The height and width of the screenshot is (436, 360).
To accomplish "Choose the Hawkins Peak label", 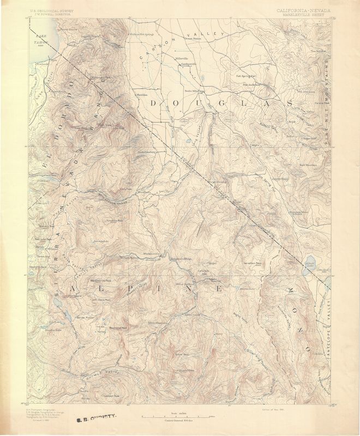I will coord(113,221).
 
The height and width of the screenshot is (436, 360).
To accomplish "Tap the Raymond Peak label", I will coord(118,328).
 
